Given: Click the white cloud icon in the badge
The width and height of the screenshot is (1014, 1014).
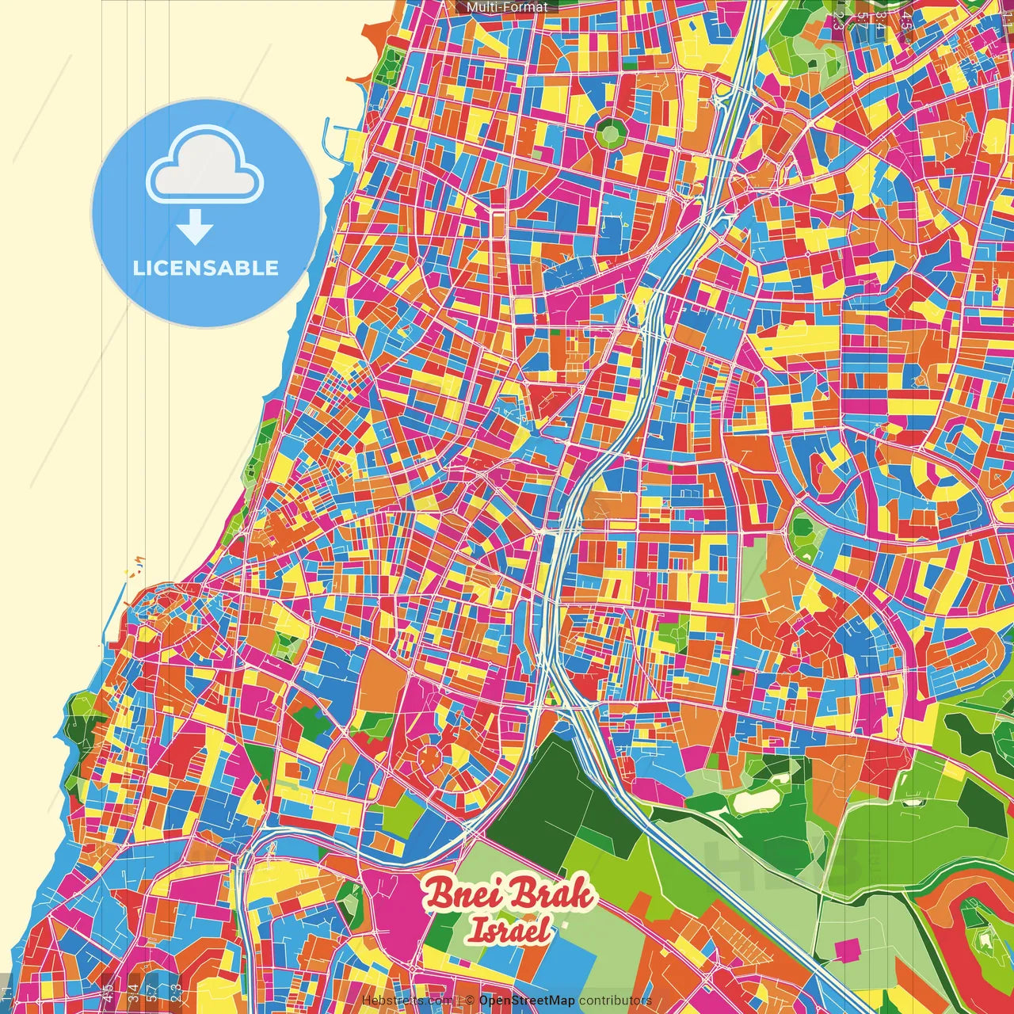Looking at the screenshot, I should tap(204, 169).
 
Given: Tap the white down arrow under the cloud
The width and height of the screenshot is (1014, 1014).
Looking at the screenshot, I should tap(194, 227).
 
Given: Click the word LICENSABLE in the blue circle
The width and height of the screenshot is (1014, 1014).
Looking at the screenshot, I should tap(206, 268).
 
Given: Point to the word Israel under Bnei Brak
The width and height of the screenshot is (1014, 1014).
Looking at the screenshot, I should tap(508, 931).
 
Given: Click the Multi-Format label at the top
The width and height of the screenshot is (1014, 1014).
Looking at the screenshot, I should tap(507, 7).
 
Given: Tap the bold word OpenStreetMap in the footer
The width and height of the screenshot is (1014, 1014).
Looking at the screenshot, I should tap(527, 1001).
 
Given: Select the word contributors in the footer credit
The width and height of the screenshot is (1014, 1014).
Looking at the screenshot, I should tap(615, 1001).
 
